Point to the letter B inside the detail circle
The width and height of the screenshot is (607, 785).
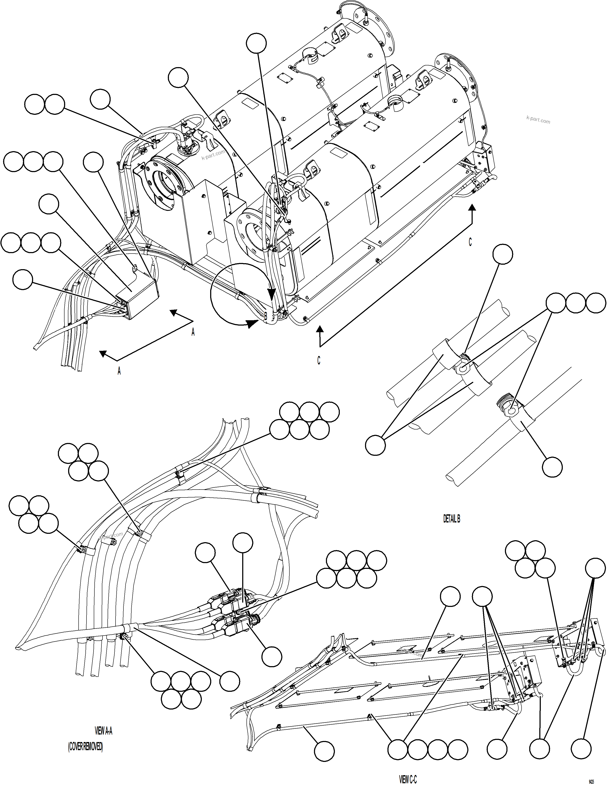pos(266,316)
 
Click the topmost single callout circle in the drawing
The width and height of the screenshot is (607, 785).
pos(257,43)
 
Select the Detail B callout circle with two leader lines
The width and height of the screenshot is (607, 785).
pos(375,445)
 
